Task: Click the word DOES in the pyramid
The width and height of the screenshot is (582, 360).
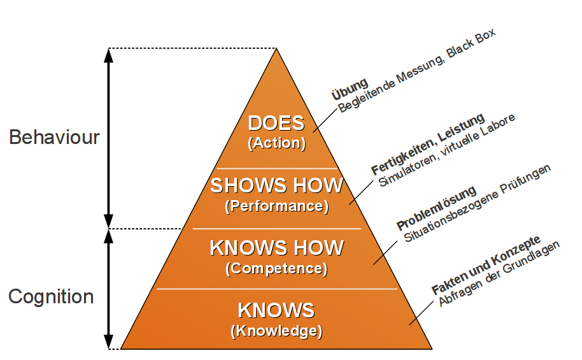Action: point(276,124)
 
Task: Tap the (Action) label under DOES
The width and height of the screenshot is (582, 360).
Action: point(276,143)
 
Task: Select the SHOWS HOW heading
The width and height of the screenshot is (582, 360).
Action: point(276,186)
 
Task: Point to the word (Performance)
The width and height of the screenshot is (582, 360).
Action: point(276,206)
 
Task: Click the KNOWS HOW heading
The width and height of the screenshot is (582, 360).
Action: point(276,247)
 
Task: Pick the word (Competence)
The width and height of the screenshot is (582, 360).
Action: point(276,268)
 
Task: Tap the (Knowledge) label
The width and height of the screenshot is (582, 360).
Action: point(276,331)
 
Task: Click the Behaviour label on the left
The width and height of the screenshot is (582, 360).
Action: point(54,137)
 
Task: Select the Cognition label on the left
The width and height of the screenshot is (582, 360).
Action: point(51,296)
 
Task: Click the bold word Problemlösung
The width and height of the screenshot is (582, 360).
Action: point(436,208)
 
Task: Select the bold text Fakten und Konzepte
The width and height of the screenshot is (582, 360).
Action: point(486,264)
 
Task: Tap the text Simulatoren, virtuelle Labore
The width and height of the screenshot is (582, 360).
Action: point(447,150)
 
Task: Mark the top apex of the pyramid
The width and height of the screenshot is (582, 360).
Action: point(276,50)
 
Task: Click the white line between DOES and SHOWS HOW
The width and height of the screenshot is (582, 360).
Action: point(276,168)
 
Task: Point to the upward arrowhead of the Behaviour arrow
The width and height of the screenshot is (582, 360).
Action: point(108,55)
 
